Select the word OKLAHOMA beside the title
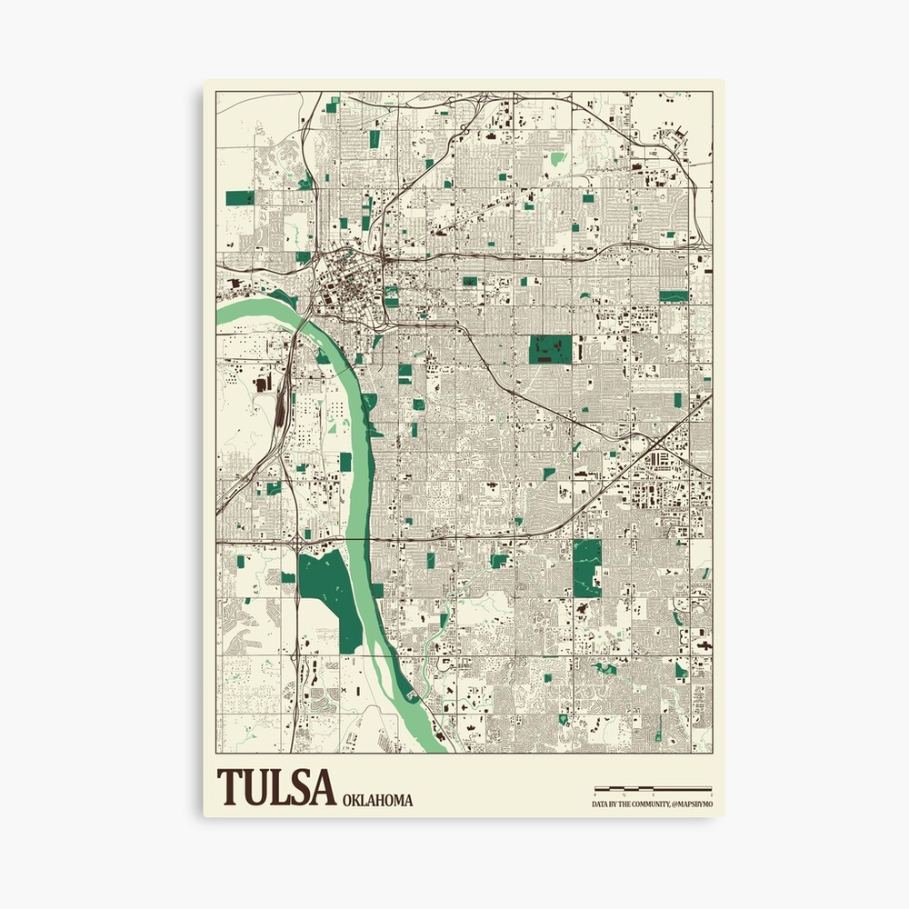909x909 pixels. click(x=378, y=800)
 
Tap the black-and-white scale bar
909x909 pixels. click(x=652, y=788)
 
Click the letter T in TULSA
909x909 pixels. click(x=229, y=788)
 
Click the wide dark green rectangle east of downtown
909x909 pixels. click(x=551, y=349)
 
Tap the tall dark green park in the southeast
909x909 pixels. click(x=586, y=567)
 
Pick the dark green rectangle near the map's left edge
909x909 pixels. click(x=240, y=197)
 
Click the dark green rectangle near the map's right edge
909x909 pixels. click(x=673, y=295)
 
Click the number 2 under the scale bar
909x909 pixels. click(x=710, y=795)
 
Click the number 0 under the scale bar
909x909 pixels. click(x=594, y=795)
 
